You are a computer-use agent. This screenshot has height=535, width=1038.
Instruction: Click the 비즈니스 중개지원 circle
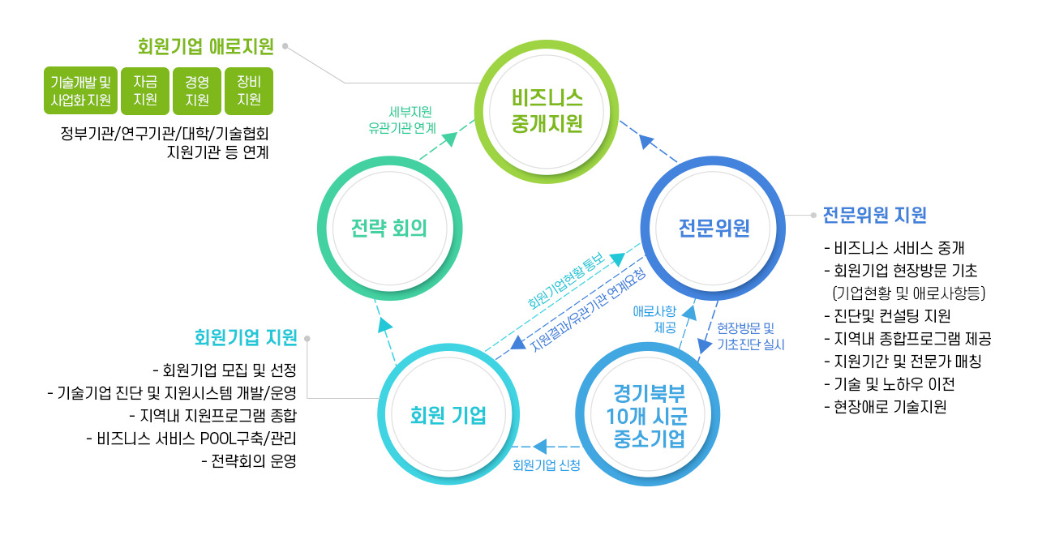[547, 111]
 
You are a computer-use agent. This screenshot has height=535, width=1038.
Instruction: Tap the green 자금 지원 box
[145, 91]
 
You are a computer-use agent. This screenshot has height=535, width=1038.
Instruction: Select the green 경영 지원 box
[197, 91]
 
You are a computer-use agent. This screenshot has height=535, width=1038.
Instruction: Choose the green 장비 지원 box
[249, 91]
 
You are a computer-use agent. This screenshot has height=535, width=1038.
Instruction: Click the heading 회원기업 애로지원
[205, 46]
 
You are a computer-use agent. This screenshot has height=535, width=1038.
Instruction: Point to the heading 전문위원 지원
[874, 216]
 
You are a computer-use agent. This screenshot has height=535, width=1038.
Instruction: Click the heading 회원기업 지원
[246, 336]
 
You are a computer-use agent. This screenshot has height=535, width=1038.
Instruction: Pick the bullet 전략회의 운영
[248, 462]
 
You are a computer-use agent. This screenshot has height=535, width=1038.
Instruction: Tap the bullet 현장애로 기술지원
[884, 407]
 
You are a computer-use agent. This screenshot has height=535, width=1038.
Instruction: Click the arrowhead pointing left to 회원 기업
[539, 446]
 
